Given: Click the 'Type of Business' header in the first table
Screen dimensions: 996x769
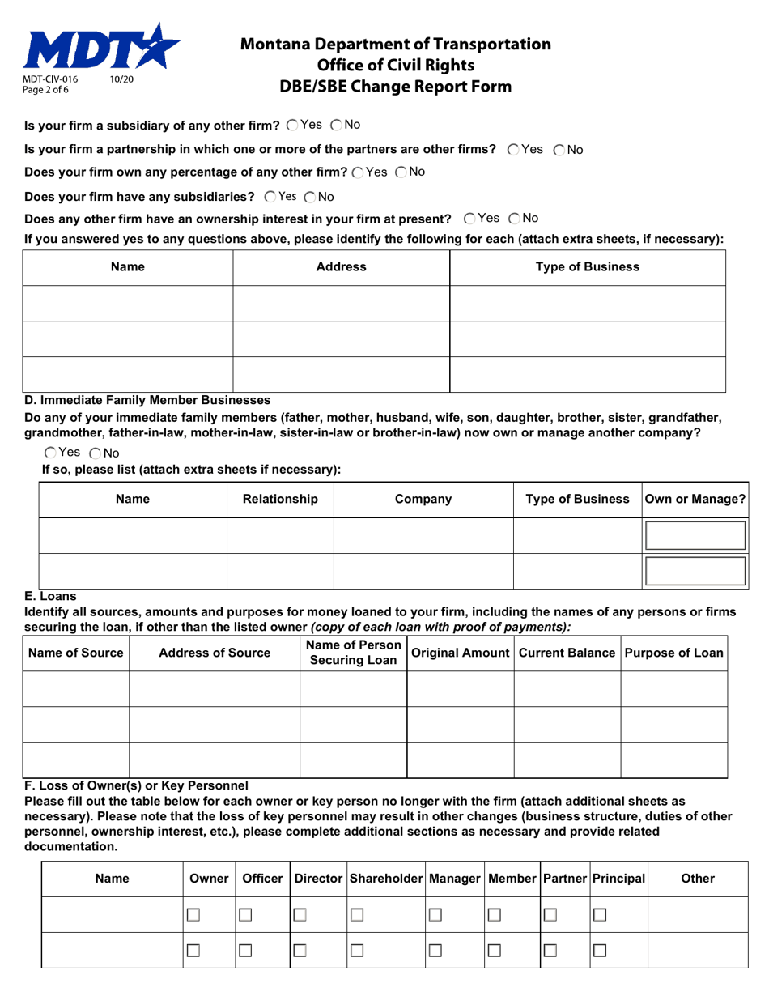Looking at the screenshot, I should pos(588,266).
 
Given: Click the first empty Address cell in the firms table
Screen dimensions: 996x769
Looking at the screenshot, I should pos(341,304).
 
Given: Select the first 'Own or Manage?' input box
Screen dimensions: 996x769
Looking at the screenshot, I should pos(694,536).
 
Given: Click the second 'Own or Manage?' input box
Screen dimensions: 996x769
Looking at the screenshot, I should pos(694,571).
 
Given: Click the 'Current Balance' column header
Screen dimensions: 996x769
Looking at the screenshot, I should pos(567,653).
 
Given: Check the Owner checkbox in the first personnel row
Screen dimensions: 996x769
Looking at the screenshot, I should pos(193,914).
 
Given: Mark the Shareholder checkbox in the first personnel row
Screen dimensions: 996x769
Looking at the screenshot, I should pos(356,914).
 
